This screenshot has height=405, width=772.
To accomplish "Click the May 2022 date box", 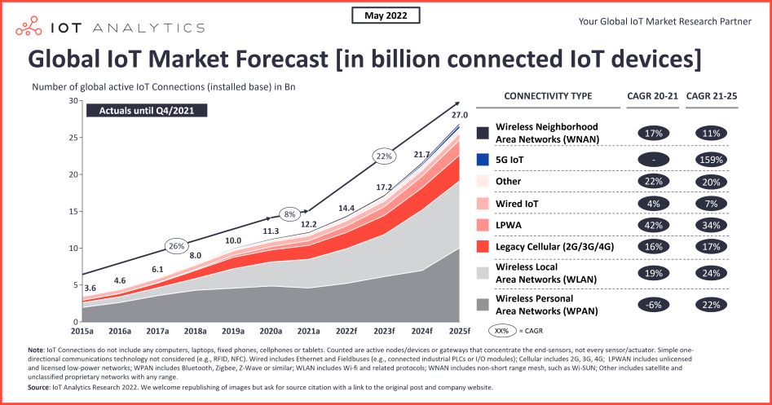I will tap(386, 15).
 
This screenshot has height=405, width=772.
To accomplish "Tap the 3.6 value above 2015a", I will tap(91, 288).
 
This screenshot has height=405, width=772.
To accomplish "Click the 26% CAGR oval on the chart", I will tap(176, 245).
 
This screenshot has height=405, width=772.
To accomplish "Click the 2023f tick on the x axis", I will tap(384, 332).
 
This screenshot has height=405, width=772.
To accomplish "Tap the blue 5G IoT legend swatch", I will tap(483, 160).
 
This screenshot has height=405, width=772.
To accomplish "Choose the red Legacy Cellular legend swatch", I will tap(483, 247).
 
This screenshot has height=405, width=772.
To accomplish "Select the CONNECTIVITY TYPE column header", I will tap(548, 96).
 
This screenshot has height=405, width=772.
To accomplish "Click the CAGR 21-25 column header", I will tap(713, 96).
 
